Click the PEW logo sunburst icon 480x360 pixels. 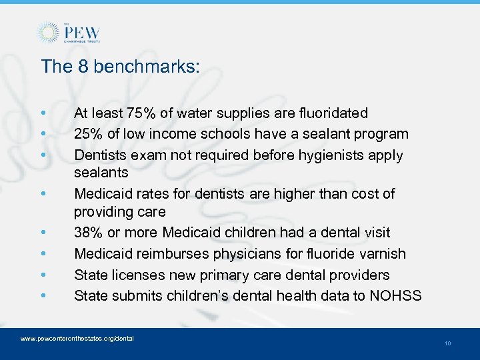(x=47, y=33)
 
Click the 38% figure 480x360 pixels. (x=88, y=233)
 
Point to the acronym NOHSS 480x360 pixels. (x=398, y=295)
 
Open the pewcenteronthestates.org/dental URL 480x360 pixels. (x=77, y=339)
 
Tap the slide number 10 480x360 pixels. (x=447, y=343)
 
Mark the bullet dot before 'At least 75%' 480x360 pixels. (x=43, y=113)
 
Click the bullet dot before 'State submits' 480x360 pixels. (x=43, y=295)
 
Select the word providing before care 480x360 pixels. (x=102, y=212)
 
